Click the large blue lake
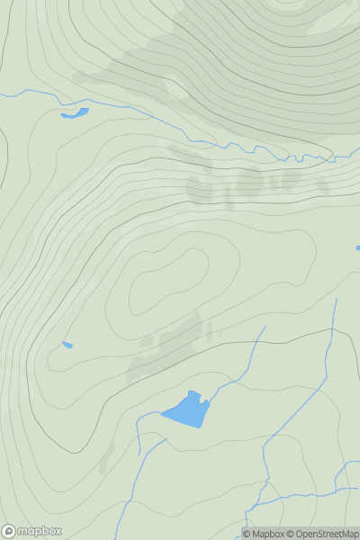coord(187,411)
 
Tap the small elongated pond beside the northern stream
coord(75,113)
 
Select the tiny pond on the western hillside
coord(67,345)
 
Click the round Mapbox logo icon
coord(10,531)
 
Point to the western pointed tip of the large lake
coord(163,415)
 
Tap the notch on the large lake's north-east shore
coord(202,396)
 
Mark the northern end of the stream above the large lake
coord(265,327)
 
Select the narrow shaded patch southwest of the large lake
coord(107,455)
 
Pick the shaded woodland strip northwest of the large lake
coord(166,346)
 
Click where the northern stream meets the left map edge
coord(2,94)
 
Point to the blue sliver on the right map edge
coord(357,247)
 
